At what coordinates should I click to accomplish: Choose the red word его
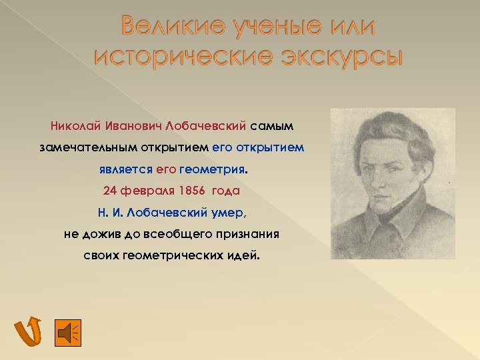(x=166, y=169)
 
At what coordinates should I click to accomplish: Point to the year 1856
(x=192, y=191)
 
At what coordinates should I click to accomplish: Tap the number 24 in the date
(x=110, y=191)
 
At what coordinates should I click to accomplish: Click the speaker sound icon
(x=67, y=331)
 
